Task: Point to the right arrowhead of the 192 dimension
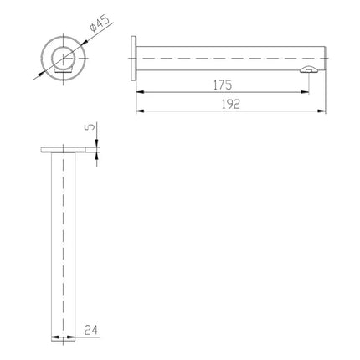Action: (322, 111)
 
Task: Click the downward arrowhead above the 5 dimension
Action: (98, 144)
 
